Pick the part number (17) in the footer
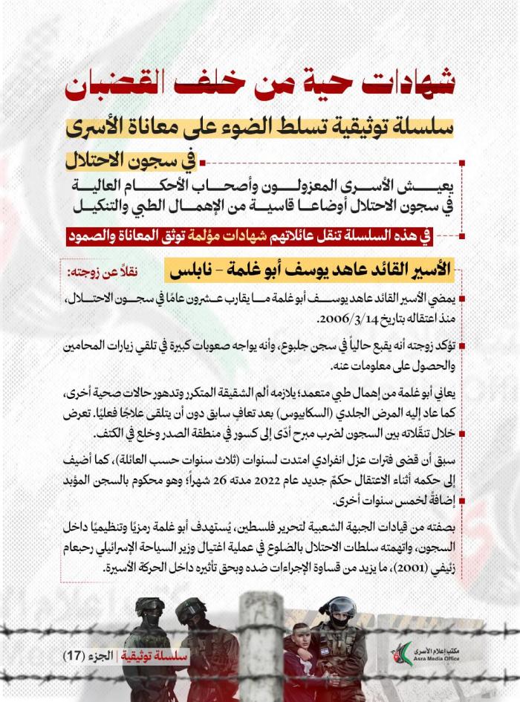pos(75,656)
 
